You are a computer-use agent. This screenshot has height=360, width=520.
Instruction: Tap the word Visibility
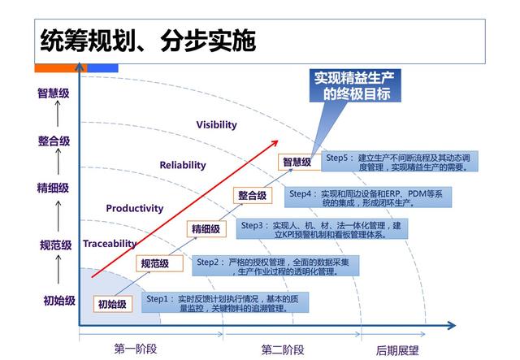(x=216, y=125)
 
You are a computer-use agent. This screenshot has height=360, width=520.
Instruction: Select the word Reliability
(x=183, y=165)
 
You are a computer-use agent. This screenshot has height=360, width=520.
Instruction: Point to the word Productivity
(x=134, y=208)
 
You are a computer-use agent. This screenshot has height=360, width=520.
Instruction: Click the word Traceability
(x=110, y=243)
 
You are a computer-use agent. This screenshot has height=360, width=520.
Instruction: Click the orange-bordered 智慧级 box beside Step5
(x=297, y=163)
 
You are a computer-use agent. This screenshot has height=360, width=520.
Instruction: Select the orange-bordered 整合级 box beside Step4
(x=252, y=195)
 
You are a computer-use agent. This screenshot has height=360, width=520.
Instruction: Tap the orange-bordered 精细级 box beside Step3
(x=206, y=229)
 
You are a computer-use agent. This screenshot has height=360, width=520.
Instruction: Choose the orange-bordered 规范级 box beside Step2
(x=154, y=263)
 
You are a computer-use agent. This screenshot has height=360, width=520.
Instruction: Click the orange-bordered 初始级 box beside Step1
(x=112, y=304)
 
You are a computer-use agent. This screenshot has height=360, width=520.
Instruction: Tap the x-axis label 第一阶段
(x=135, y=349)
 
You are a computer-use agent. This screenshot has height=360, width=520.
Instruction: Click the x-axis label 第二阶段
(x=283, y=349)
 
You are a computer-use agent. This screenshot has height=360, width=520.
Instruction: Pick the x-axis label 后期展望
(x=397, y=349)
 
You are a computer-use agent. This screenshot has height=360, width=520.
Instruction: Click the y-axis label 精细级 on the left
(x=53, y=188)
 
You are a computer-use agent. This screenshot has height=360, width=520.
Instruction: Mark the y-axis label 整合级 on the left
(x=54, y=141)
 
